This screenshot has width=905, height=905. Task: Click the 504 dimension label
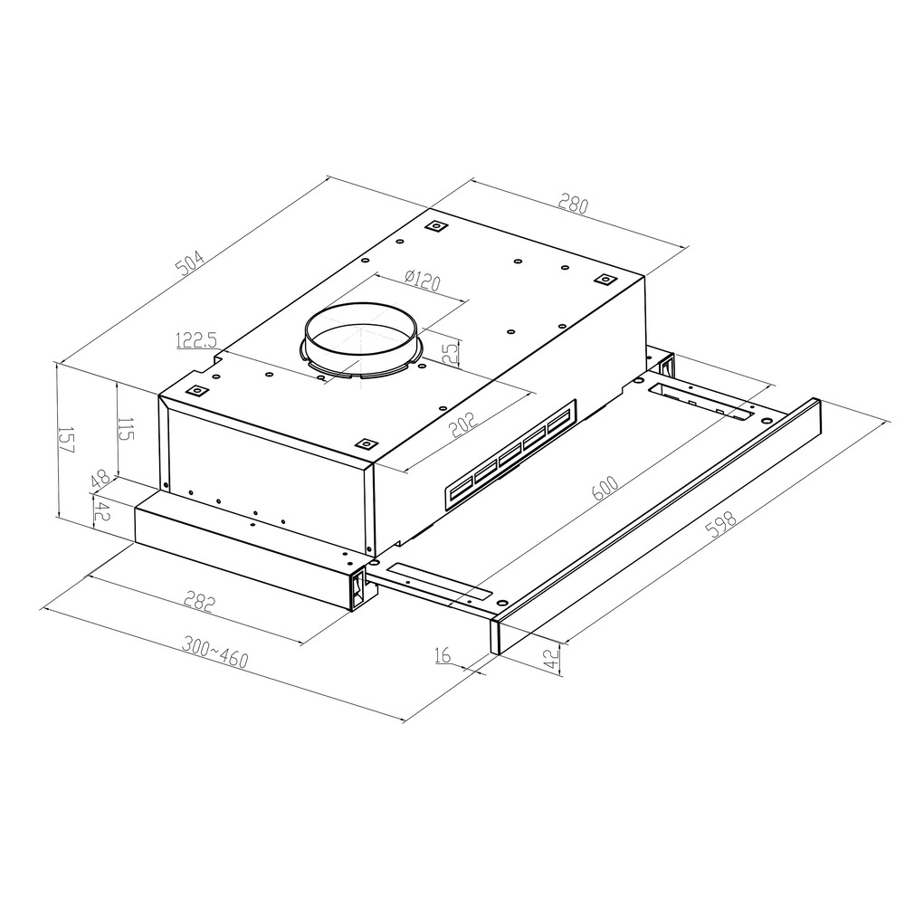(190, 262)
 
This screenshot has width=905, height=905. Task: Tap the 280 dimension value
(573, 205)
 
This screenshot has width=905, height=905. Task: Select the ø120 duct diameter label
(422, 281)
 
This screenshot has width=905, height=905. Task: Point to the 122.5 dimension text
(196, 340)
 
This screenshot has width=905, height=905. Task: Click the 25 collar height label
(451, 352)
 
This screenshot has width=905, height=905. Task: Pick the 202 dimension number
(464, 424)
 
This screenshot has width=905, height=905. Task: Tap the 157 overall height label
(67, 440)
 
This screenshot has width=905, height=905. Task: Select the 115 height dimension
(126, 428)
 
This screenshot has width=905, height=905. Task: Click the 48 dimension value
(100, 479)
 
